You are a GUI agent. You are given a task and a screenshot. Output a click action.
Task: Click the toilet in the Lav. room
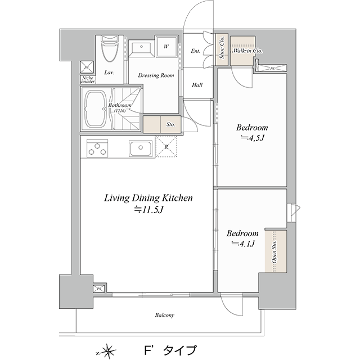click(110, 48)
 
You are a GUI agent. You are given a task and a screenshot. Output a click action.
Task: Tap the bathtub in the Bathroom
click(95, 109)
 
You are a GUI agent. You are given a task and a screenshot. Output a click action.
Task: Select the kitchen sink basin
click(141, 148)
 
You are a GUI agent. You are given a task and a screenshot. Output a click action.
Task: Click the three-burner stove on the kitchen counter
click(97, 148)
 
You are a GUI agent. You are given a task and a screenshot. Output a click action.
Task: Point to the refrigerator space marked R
click(166, 147)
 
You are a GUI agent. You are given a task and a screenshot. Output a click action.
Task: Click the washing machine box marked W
click(166, 46)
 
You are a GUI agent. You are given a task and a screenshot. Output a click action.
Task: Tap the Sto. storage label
click(171, 125)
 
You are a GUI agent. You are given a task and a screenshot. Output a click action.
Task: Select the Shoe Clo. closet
click(222, 49)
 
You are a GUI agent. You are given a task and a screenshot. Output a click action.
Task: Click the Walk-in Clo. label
click(247, 51)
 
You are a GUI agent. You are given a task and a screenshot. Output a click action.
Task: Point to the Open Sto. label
click(274, 251)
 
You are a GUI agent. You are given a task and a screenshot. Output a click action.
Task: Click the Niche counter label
click(88, 80)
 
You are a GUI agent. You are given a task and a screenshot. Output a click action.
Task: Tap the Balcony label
click(165, 315)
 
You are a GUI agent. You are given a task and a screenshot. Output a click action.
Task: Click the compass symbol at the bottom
click(109, 351)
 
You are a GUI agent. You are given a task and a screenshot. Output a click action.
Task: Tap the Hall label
click(197, 85)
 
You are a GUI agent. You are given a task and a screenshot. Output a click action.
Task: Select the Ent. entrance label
click(195, 51)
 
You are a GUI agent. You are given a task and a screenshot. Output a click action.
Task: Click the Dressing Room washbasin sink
click(141, 49)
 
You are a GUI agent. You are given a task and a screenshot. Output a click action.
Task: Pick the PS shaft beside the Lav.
click(87, 67)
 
